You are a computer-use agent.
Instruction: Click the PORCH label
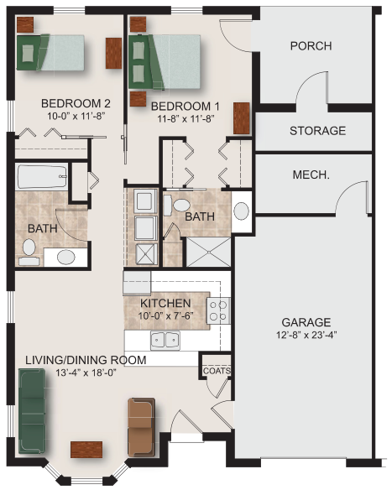click(311, 46)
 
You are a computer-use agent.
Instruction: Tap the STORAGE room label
click(317, 131)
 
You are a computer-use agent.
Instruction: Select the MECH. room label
click(311, 175)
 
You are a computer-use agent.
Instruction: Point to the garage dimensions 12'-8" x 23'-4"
click(306, 335)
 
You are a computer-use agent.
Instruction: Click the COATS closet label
click(217, 371)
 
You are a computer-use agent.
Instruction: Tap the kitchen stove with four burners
click(218, 311)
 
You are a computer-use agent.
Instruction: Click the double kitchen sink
click(165, 341)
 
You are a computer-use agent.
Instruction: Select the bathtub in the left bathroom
click(42, 177)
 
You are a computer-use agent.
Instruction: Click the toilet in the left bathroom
click(29, 253)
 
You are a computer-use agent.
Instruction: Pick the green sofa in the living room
click(32, 411)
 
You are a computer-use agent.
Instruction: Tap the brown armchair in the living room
click(141, 426)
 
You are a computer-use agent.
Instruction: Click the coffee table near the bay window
click(86, 450)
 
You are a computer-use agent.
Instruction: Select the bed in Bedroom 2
click(50, 53)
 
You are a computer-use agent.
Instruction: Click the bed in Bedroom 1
click(165, 62)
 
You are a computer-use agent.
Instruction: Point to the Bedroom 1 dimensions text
click(186, 119)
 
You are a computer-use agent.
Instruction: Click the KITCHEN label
click(165, 303)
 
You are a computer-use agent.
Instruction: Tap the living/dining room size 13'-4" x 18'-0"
click(86, 373)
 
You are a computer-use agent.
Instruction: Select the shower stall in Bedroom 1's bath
click(208, 252)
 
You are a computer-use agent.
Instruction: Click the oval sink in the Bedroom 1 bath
click(241, 211)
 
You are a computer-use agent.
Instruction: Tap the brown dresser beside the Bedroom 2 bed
click(113, 53)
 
